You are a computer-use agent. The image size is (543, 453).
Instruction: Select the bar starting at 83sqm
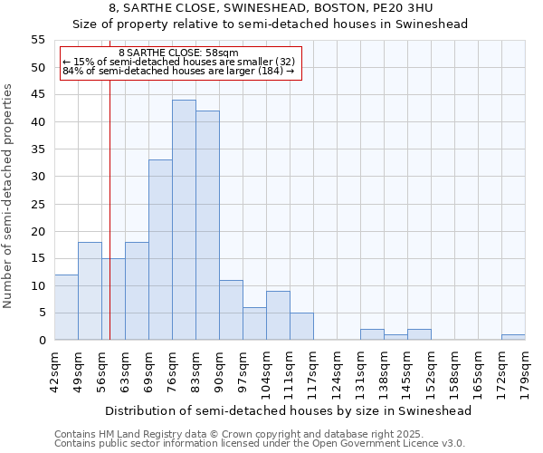coord(207,226)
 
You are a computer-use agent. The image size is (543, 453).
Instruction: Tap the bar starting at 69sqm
coord(160,250)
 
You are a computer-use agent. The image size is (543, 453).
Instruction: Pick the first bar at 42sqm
coord(66,307)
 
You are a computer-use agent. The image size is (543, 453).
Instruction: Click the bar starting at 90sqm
coord(231,310)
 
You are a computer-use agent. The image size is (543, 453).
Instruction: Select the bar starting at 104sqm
coord(278,315)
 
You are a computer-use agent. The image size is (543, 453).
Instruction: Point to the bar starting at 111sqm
coord(301,326)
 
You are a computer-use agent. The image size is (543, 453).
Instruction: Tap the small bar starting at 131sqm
coord(372,334)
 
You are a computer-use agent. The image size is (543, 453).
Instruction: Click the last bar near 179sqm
coord(513,337)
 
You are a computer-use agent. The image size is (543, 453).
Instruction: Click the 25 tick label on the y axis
coord(38,204)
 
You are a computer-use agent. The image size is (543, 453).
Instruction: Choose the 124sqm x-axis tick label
coord(338,371)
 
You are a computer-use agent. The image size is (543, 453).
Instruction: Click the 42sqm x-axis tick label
coord(55,371)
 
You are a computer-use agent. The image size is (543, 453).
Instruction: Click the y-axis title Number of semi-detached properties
coord(9,196)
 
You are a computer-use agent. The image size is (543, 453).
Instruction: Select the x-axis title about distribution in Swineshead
coord(289,410)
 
